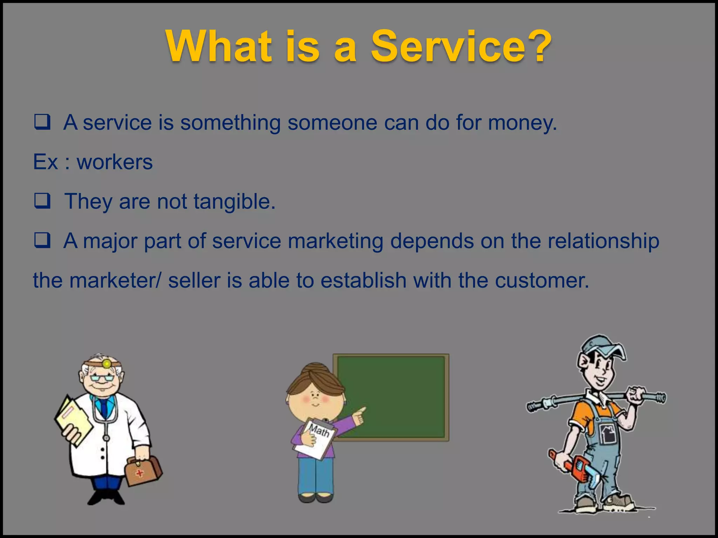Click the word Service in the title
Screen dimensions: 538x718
tap(438, 47)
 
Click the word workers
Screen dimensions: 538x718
tap(115, 162)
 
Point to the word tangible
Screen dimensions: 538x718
tap(234, 202)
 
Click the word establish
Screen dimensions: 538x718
tap(363, 281)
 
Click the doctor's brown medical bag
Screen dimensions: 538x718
tap(143, 471)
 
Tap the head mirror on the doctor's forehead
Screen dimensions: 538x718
tap(107, 364)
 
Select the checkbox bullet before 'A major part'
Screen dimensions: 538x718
tap(42, 240)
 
